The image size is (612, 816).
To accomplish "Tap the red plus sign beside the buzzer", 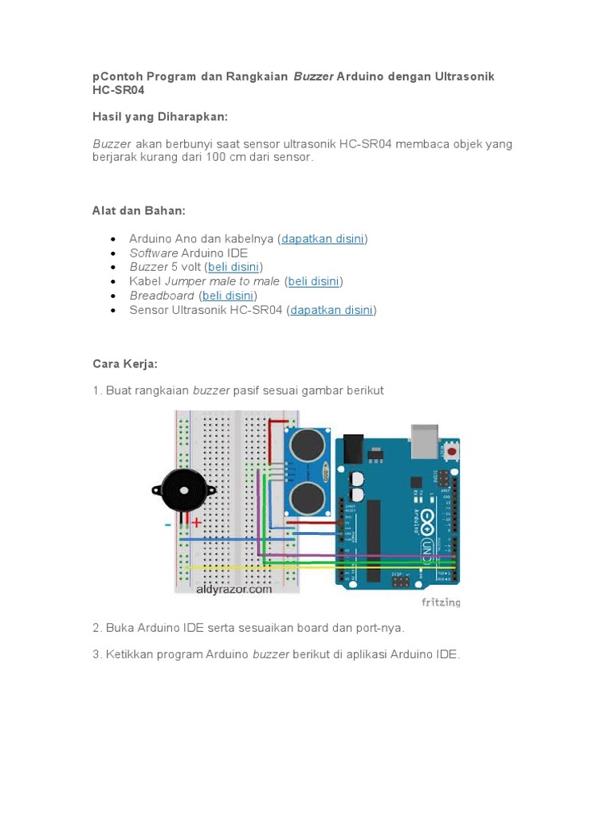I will (x=195, y=522).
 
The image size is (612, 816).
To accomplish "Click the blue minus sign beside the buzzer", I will (x=168, y=524).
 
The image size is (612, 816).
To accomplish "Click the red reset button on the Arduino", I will (x=452, y=452).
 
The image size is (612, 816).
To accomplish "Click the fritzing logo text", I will (x=441, y=602).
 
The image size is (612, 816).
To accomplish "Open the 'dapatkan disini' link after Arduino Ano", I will (x=323, y=238).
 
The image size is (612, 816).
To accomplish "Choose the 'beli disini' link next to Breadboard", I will (x=228, y=296).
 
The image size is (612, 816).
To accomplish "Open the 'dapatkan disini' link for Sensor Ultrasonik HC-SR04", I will (x=331, y=310).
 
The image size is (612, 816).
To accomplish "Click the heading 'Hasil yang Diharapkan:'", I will (x=160, y=117).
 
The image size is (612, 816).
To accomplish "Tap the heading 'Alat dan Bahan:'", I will (x=139, y=210).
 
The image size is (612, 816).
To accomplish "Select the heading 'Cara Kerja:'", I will (x=125, y=363).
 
